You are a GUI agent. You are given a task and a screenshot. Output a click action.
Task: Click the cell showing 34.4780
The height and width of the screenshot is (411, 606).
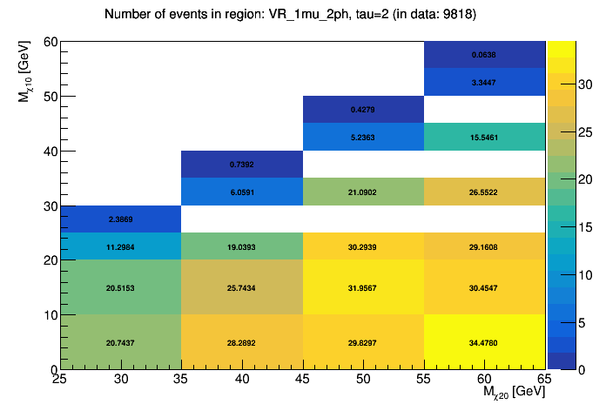pyautogui.click(x=485, y=342)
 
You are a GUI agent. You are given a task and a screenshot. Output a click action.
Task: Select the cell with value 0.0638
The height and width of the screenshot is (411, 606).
pyautogui.click(x=485, y=54)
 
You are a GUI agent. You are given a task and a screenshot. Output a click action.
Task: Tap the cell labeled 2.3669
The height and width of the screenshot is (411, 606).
pyautogui.click(x=120, y=219)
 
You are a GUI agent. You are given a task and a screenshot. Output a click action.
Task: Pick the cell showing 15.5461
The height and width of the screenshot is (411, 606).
pyautogui.click(x=485, y=137)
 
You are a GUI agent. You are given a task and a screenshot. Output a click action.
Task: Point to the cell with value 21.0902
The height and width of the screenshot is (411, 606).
pyautogui.click(x=363, y=192)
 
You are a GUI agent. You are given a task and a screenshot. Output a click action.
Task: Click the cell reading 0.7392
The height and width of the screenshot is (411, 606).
pyautogui.click(x=241, y=164)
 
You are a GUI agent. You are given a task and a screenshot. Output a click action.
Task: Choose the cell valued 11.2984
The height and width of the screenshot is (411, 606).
pyautogui.click(x=120, y=246)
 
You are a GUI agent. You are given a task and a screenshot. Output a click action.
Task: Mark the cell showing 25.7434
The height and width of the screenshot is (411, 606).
pyautogui.click(x=241, y=287)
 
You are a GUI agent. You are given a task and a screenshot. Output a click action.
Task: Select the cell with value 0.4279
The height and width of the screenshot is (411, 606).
pyautogui.click(x=363, y=109)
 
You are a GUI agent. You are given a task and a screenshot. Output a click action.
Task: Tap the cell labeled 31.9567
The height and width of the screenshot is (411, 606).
pyautogui.click(x=363, y=287)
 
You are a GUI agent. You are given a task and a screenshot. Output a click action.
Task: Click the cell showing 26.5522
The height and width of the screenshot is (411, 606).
pyautogui.click(x=485, y=192)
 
